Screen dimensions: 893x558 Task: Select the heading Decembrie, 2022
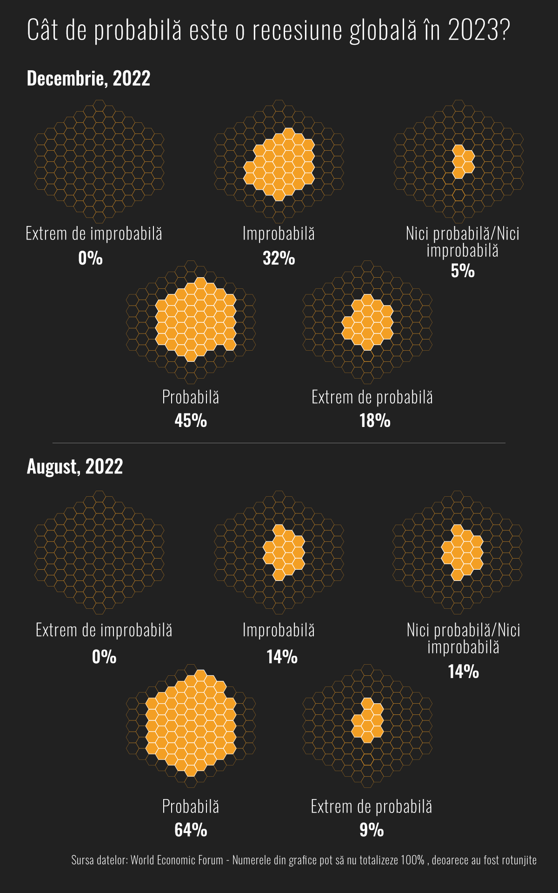pyautogui.click(x=88, y=78)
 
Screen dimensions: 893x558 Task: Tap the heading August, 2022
pyautogui.click(x=75, y=466)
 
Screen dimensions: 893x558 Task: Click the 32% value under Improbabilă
pyautogui.click(x=279, y=258)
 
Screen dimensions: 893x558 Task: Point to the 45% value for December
pyautogui.click(x=191, y=420)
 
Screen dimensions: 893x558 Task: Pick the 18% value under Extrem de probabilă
pyautogui.click(x=375, y=420)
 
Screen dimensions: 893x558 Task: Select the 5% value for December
pyautogui.click(x=463, y=271)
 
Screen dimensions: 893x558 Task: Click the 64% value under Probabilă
pyautogui.click(x=191, y=830)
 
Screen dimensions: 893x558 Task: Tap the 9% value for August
pyautogui.click(x=372, y=830)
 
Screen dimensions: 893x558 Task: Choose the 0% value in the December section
pyautogui.click(x=91, y=258)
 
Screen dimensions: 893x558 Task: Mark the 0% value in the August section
pyautogui.click(x=104, y=657)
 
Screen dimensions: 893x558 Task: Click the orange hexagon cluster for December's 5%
pyautogui.click(x=463, y=161)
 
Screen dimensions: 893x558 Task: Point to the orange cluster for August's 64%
pyautogui.click(x=191, y=723)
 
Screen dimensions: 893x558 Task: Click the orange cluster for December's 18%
pyautogui.click(x=368, y=322)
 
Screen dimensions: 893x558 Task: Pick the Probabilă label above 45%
pyautogui.click(x=191, y=397)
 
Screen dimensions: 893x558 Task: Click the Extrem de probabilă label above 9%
pyautogui.click(x=372, y=806)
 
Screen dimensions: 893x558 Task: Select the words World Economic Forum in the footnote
pyautogui.click(x=177, y=860)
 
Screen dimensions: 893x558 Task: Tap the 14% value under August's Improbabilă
pyautogui.click(x=282, y=657)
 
